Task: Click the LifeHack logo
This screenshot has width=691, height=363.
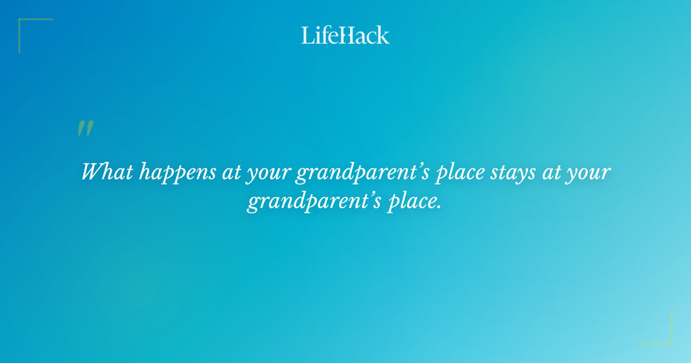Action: [345, 35]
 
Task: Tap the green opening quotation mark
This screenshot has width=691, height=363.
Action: [85, 128]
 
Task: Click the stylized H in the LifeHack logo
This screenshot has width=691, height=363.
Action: [345, 35]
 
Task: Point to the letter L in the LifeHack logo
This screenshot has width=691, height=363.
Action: [307, 35]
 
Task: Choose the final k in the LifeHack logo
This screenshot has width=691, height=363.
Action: [383, 35]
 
